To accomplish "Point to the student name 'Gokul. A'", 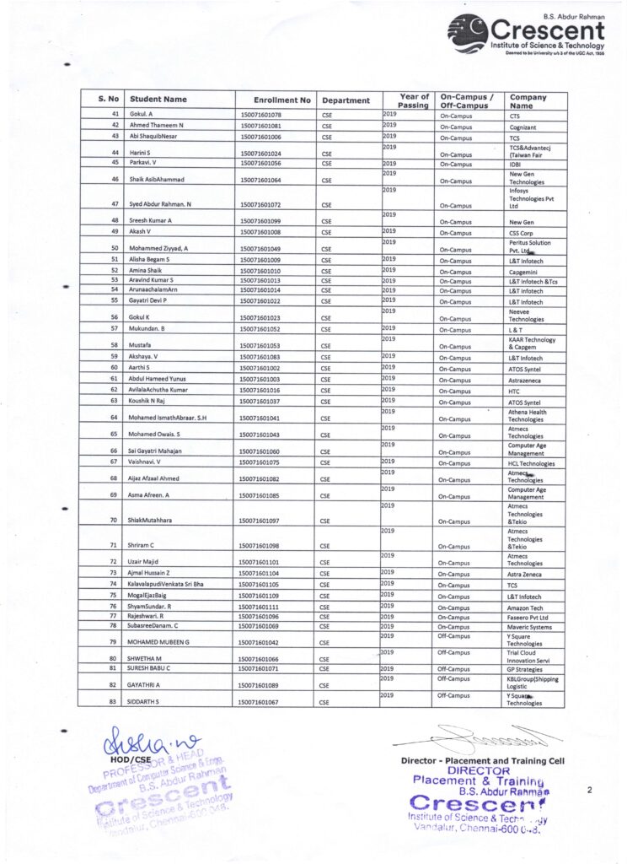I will pyautogui.click(x=141, y=115).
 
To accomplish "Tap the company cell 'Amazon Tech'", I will pyautogui.click(x=529, y=607).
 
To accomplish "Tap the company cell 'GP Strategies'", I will pyautogui.click(x=528, y=668).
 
